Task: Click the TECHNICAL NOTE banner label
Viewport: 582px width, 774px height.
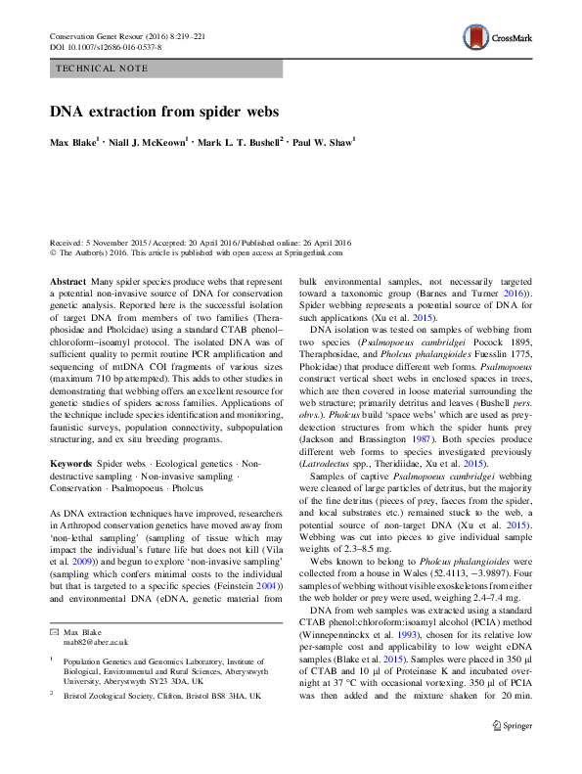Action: (103, 68)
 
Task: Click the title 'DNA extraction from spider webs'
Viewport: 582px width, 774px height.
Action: (164, 112)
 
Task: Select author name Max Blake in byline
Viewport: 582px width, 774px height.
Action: (73, 143)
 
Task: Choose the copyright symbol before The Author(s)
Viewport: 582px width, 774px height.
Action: (53, 252)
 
